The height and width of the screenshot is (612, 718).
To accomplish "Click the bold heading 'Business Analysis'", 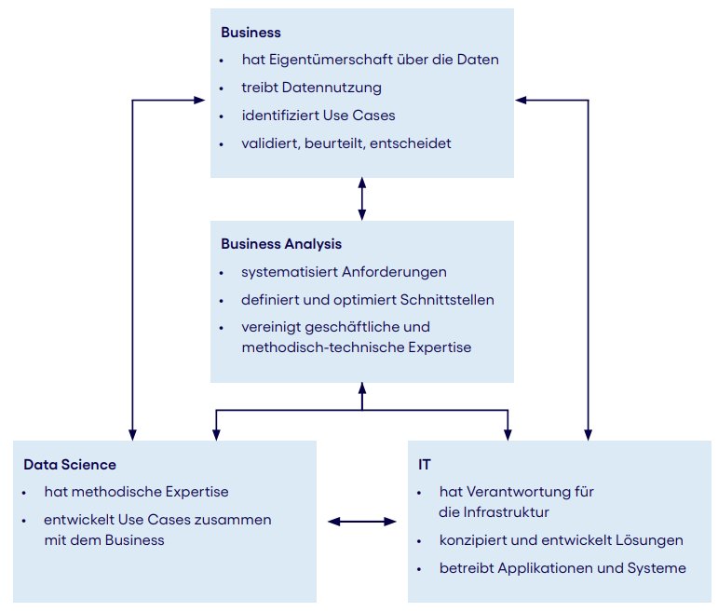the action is point(281,244).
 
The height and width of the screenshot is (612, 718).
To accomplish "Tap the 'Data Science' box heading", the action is point(70,465).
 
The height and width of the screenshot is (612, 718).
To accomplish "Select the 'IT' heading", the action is point(425,465).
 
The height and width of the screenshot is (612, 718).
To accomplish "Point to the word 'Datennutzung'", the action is point(332,88).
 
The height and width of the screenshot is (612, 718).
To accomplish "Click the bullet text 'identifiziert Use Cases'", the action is point(318,116).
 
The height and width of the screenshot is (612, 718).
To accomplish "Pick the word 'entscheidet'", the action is point(411,143).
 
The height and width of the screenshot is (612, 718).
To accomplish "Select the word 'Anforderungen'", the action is point(394,272).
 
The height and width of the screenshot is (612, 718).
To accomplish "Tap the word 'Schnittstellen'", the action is point(447,300).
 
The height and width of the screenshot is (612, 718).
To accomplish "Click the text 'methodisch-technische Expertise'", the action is point(357,347).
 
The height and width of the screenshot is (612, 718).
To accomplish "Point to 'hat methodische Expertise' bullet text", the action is point(137,492).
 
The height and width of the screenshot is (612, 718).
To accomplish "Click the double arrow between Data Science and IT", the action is point(362,522).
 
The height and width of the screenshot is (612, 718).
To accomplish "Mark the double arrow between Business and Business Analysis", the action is point(362,198).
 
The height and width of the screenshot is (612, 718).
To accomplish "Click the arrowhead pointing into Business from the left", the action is point(199,100).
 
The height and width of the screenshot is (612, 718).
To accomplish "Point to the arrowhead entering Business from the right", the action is point(522,100).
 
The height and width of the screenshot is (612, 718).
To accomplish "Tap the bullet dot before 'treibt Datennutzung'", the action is point(222,88).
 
